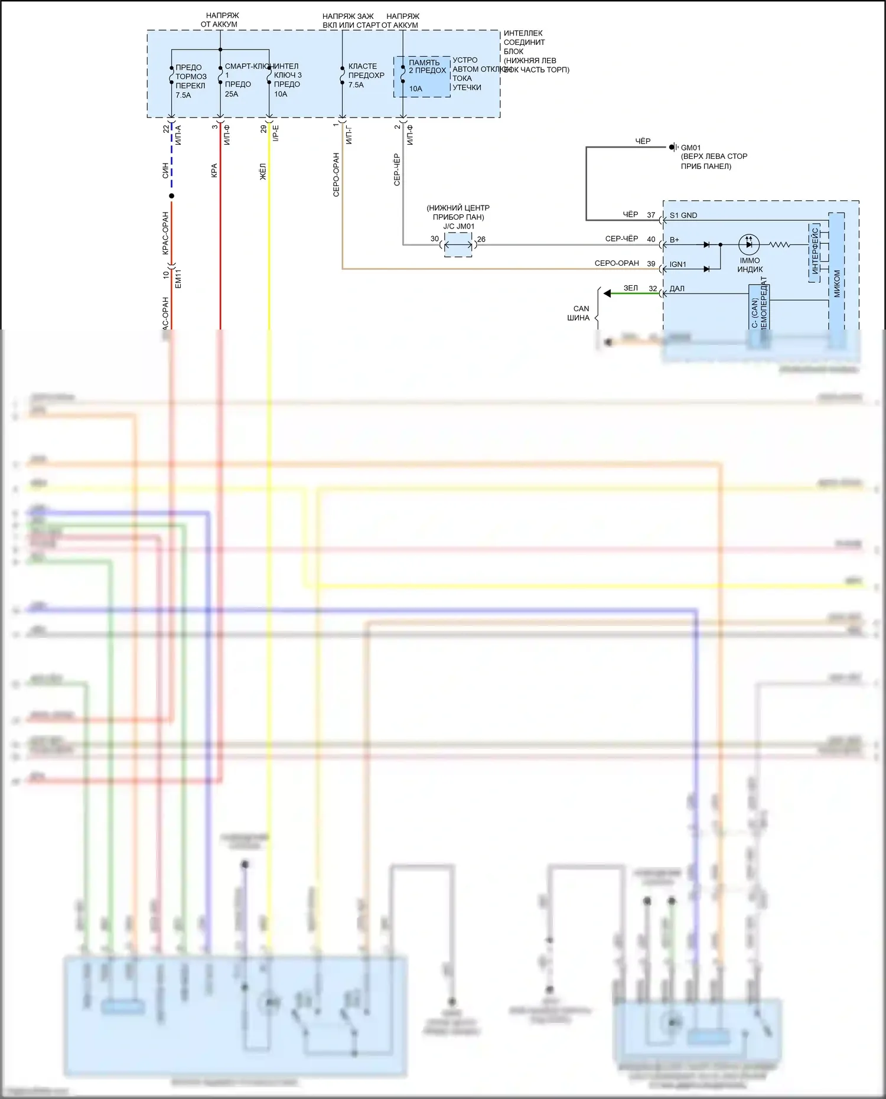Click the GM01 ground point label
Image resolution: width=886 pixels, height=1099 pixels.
(690, 148)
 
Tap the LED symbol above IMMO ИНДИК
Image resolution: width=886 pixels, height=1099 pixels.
(749, 244)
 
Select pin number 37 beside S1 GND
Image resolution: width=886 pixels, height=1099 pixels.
(651, 215)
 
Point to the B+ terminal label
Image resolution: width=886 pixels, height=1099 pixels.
(675, 240)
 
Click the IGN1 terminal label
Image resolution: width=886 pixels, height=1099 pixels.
(677, 265)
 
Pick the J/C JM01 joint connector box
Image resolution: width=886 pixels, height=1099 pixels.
(458, 244)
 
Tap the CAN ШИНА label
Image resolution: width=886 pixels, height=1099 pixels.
(579, 313)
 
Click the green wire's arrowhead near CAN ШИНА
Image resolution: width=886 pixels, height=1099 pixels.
(607, 293)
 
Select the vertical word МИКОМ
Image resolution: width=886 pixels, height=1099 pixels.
(836, 283)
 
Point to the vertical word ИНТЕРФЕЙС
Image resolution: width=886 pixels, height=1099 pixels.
(815, 251)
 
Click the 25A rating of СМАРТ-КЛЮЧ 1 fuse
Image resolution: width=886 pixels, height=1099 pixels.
(232, 94)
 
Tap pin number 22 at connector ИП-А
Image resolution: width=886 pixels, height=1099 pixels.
(165, 129)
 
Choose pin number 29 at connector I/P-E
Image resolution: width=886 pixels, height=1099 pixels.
(263, 129)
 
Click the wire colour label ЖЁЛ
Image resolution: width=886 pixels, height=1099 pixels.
(263, 171)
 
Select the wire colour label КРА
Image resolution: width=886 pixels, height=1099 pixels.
(214, 170)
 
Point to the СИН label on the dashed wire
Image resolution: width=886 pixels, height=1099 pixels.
(165, 171)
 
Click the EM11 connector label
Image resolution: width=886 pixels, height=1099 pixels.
(178, 279)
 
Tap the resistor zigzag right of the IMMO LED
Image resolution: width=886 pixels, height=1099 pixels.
(780, 244)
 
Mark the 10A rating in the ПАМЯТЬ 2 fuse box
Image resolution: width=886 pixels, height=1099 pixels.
(416, 89)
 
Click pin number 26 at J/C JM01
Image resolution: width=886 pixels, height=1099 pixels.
(481, 239)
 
